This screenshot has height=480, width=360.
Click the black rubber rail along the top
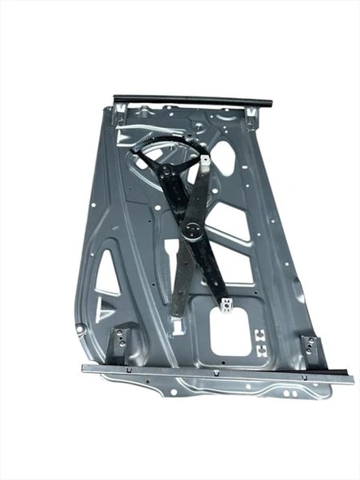[192, 100]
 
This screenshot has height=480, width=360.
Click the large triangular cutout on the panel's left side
[108, 276]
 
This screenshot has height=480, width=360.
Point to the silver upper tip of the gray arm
[205, 163]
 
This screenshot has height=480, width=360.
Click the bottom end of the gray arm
[177, 311]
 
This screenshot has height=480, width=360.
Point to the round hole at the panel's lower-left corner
[79, 328]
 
